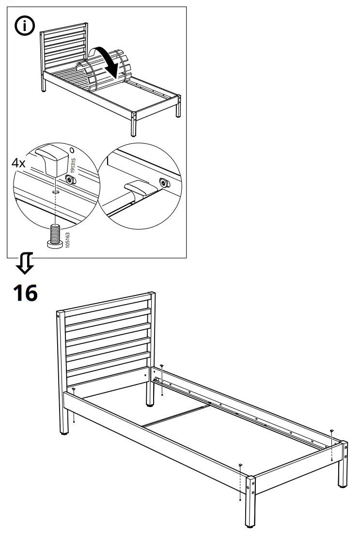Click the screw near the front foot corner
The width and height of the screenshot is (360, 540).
click(240, 465)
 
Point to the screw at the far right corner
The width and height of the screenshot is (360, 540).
click(331, 431)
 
